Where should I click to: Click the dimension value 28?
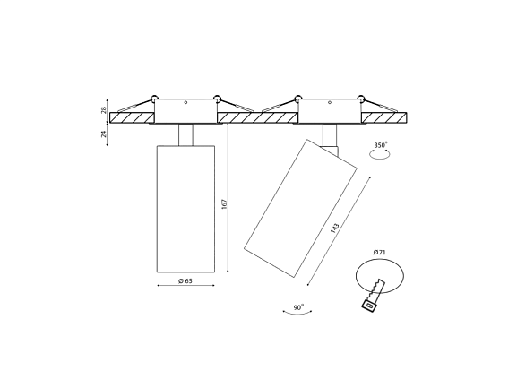coord(104,110)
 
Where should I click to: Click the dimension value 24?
coord(104,134)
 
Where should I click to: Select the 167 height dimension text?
coord(225,203)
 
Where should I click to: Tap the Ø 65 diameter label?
coord(185,280)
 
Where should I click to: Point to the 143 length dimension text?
coord(335,228)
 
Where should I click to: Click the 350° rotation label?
coord(381,145)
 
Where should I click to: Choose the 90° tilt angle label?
coord(298,307)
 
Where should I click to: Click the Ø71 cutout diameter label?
coord(380,253)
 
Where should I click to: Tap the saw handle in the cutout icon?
coord(369,306)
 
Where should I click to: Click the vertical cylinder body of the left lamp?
coord(185,209)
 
